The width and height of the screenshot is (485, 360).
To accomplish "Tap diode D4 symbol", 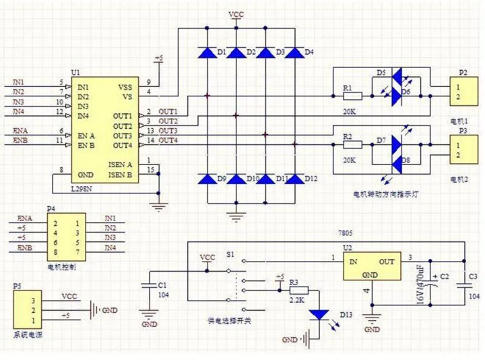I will tap(294, 52).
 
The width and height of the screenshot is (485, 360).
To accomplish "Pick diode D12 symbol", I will tap(294, 179).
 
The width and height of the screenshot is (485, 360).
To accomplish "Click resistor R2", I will tap(352, 144).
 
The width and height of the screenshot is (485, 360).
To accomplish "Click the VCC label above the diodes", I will tap(236, 14).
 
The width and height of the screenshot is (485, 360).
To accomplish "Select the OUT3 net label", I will tap(168, 130).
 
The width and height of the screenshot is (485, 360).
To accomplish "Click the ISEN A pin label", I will tap(120, 164).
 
